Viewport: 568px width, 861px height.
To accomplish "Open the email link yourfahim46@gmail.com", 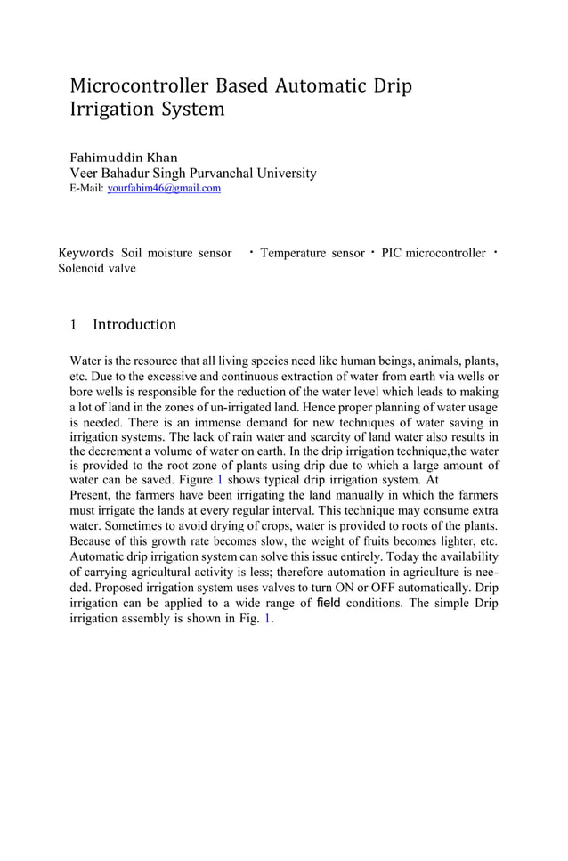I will (x=164, y=189).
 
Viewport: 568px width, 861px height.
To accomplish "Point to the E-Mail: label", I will (x=86, y=189).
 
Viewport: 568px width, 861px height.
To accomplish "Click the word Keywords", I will (x=85, y=254).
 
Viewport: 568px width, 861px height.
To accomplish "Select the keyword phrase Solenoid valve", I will (x=97, y=269).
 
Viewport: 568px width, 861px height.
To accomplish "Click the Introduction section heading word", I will (x=134, y=325).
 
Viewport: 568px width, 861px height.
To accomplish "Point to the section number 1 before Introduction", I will (x=75, y=325).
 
